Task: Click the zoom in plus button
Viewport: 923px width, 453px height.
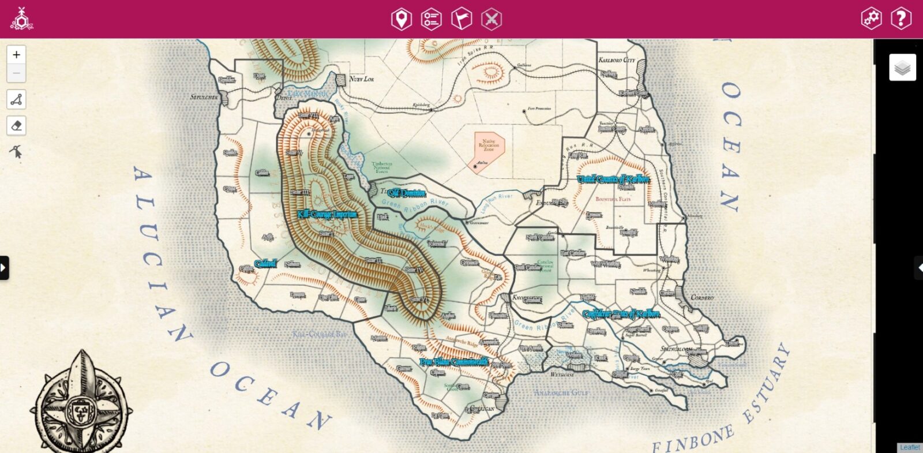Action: [16, 55]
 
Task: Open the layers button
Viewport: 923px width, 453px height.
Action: [902, 68]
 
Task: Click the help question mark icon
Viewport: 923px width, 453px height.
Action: [901, 18]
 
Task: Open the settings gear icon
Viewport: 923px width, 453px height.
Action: [871, 18]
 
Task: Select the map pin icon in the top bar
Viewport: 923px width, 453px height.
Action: [401, 19]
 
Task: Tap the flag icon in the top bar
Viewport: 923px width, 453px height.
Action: [461, 19]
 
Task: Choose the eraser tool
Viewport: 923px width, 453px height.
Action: [16, 126]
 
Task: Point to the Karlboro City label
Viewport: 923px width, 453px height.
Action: [616, 60]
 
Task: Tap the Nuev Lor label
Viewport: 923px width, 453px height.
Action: [362, 79]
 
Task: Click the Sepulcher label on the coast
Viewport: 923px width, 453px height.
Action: [204, 97]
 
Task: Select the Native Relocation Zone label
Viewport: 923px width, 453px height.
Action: [489, 145]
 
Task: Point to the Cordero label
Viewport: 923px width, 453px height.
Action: [702, 298]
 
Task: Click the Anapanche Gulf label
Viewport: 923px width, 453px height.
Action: [561, 393]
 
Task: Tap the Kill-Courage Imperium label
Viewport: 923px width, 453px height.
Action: [327, 214]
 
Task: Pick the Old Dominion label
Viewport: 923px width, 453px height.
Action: [407, 193]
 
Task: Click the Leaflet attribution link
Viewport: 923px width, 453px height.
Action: [910, 448]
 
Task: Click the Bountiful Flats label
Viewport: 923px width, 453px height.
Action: [613, 199]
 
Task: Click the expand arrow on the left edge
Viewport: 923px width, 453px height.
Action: [4, 268]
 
